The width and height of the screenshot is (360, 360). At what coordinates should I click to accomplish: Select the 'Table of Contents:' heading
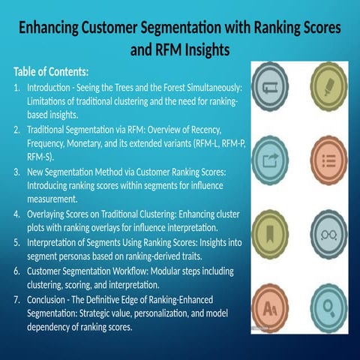coord(51,73)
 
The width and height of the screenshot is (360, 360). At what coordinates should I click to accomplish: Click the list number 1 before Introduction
coord(17,88)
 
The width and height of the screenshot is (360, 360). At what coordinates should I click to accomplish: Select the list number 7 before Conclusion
coord(17,299)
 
